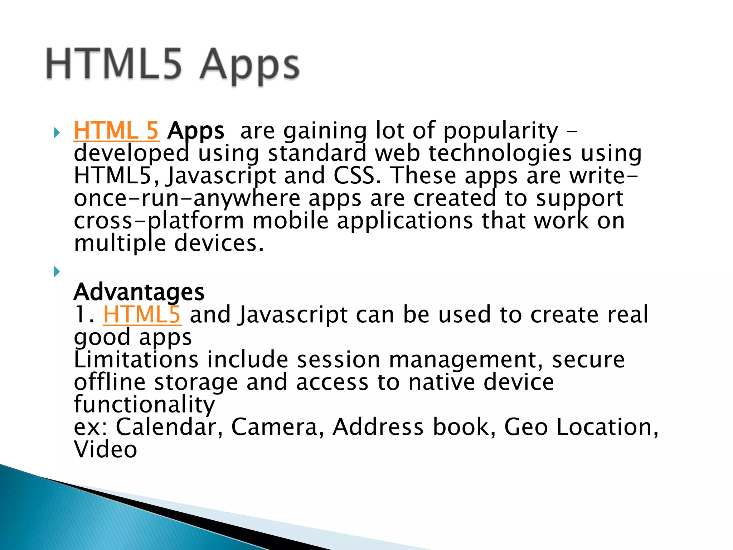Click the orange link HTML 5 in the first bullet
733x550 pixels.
tap(116, 131)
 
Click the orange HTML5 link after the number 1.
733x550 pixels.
tap(142, 315)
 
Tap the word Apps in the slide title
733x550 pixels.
tap(249, 66)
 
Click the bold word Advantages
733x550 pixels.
tap(139, 292)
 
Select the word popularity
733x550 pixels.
tap(501, 131)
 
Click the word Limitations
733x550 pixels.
tap(136, 360)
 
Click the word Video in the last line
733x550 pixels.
tap(105, 449)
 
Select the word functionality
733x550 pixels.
tap(144, 405)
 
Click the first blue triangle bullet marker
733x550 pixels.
tap(57, 133)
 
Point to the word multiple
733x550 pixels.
tap(120, 243)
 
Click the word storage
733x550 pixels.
tap(196, 382)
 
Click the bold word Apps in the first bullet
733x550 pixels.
tap(196, 131)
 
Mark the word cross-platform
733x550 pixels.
tap(159, 221)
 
